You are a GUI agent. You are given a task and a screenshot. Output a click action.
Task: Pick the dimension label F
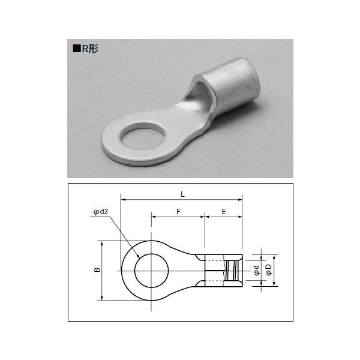coord(178,211)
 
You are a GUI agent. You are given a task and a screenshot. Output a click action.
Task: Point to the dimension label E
coord(223,211)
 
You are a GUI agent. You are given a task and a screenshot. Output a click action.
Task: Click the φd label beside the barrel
coord(256,271)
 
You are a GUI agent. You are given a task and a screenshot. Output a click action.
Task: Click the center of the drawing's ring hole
coord(151,271)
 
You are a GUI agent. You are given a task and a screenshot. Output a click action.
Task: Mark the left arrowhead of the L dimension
coord(124,198)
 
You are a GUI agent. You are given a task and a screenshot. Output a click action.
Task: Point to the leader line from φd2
coord(123,234)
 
